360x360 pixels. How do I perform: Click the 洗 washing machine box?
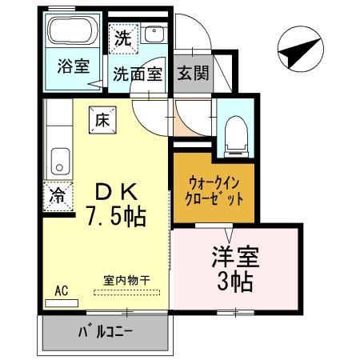123,36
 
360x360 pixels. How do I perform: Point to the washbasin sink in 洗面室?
154,34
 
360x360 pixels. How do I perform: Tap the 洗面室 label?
138,74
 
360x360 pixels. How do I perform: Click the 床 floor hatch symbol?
102,120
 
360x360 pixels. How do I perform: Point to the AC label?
61,291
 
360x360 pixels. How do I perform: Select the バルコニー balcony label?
105,330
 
